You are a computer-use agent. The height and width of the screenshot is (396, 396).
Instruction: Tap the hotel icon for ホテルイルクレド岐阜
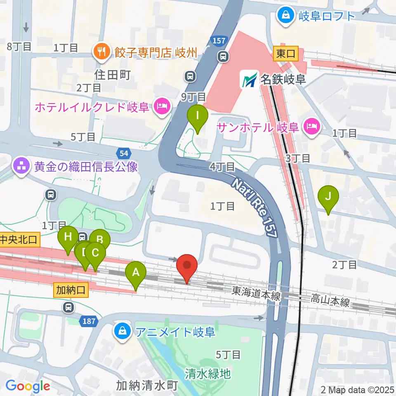coord(160,107)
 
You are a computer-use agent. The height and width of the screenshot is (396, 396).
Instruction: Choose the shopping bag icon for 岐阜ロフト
coord(285,16)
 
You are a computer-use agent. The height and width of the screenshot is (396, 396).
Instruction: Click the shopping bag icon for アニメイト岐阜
coord(123,332)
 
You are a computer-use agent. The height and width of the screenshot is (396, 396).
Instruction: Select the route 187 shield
coord(85,322)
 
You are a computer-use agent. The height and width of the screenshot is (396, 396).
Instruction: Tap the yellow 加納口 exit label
coord(71,290)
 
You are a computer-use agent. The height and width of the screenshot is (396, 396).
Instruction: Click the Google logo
coord(28,386)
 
